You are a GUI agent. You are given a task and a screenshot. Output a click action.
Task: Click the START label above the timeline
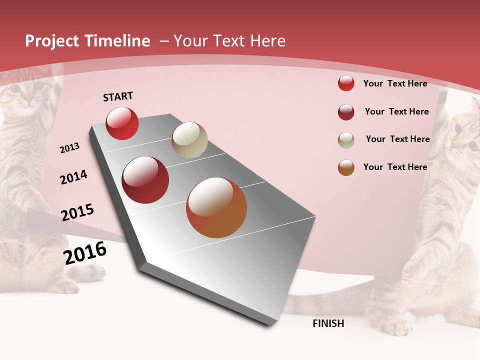pyautogui.click(x=118, y=96)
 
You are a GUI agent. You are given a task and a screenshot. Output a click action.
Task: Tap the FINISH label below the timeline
pyautogui.click(x=328, y=323)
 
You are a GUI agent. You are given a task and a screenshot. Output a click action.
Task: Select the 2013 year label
pyautogui.click(x=69, y=148)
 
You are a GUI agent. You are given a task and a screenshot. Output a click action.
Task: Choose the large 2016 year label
pyautogui.click(x=85, y=253)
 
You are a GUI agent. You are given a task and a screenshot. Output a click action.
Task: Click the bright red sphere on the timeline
pyautogui.click(x=122, y=123)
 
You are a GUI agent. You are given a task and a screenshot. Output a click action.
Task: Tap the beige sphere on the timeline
pyautogui.click(x=189, y=140)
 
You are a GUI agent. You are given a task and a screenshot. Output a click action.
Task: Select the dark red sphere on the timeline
pyautogui.click(x=145, y=180)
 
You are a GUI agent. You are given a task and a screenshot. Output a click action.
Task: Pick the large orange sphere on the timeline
pyautogui.click(x=216, y=207)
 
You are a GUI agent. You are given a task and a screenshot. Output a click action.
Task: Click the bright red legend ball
pyautogui.click(x=346, y=83)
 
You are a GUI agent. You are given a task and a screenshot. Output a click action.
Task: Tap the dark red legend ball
pyautogui.click(x=346, y=112)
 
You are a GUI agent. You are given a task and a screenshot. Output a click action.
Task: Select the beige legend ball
pyautogui.click(x=346, y=140)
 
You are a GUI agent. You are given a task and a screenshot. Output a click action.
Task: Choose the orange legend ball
pyautogui.click(x=346, y=168)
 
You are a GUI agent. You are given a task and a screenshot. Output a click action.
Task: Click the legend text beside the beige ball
pyautogui.click(x=397, y=139)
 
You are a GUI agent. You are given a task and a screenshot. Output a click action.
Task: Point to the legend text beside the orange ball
pyautogui.click(x=395, y=167)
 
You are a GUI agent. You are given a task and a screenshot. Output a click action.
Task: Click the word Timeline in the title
pyautogui.click(x=118, y=41)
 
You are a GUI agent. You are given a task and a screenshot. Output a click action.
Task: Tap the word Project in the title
pyautogui.click(x=52, y=41)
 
